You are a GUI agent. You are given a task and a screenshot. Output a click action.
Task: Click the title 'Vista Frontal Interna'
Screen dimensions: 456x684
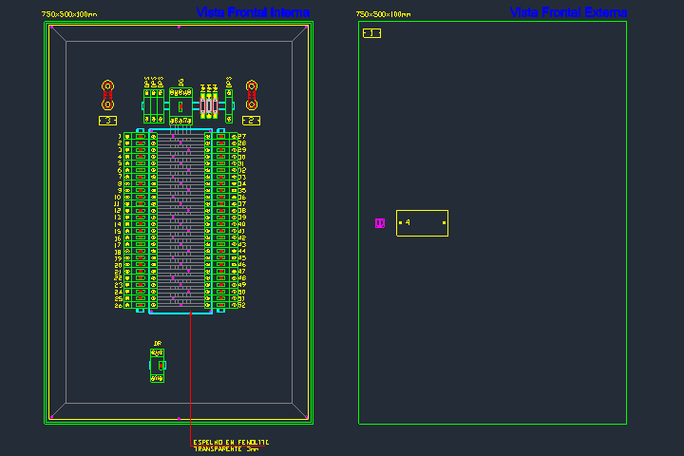tap(253, 12)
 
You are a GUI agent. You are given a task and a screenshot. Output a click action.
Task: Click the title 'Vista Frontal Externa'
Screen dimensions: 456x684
tap(568, 12)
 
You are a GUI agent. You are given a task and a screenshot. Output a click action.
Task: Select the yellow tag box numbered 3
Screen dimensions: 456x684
tap(107, 121)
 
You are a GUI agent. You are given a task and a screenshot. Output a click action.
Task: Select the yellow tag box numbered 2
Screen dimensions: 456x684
tap(252, 121)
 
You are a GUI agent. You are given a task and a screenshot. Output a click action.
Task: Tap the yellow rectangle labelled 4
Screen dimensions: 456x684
tap(422, 223)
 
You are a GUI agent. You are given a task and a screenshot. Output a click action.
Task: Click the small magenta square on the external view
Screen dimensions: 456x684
tap(380, 223)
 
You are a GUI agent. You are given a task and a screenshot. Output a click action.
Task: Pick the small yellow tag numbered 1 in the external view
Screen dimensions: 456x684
tap(371, 33)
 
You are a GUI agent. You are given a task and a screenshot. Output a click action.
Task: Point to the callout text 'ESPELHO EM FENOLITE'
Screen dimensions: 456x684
tap(231, 442)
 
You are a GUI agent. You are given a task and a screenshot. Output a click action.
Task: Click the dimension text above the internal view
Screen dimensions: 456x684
tap(69, 15)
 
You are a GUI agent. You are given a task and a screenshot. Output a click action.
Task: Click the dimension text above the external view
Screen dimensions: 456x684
tap(383, 15)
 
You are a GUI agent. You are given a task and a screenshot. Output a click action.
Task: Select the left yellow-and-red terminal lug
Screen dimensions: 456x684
tap(107, 94)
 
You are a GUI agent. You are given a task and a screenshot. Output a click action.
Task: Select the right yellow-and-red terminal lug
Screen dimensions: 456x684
tap(252, 94)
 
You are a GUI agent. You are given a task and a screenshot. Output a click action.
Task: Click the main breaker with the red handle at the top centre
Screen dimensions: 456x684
tap(180, 106)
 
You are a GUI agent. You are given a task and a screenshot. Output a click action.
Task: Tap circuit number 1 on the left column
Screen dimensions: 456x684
tap(119, 137)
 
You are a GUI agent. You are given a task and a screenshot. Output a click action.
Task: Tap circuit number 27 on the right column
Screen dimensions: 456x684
tap(242, 137)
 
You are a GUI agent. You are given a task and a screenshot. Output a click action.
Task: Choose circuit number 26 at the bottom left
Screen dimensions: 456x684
tap(119, 306)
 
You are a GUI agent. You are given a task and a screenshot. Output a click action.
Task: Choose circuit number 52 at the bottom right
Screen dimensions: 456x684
tap(242, 306)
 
